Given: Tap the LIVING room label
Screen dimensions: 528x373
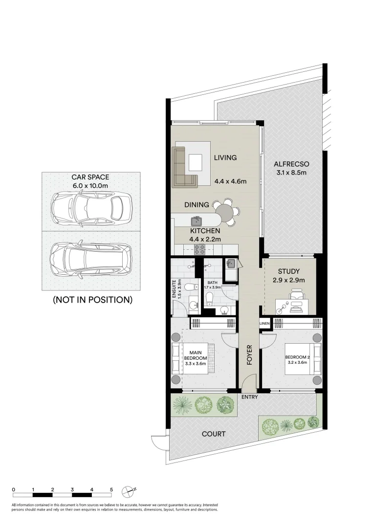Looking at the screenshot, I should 225,157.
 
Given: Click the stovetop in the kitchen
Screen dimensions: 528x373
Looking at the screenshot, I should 200,249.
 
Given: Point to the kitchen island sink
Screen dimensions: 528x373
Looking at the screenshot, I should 197,221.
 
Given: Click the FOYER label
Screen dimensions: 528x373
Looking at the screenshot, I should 249,355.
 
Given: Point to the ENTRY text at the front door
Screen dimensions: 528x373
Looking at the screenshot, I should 249,397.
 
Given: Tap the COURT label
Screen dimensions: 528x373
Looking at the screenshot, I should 214,434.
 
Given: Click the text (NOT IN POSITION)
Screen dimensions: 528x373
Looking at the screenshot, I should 92,300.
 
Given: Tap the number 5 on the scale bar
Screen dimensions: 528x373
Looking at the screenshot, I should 111,489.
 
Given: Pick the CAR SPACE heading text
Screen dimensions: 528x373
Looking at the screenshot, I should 90,177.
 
